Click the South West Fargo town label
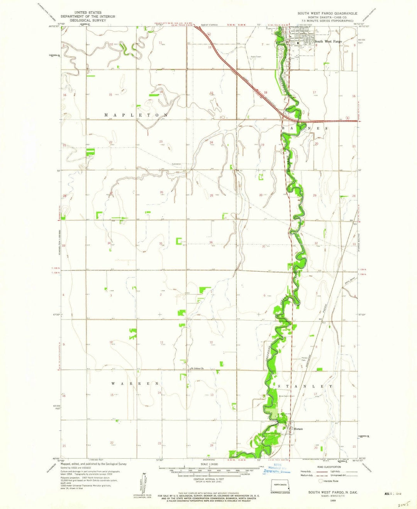point(328,41)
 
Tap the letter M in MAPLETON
point(107,115)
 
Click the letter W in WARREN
point(114,384)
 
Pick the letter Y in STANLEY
point(331,386)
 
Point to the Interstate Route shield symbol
point(320,481)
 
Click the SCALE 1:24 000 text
point(209,464)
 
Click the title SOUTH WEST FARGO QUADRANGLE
point(327,13)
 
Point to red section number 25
point(211,196)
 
